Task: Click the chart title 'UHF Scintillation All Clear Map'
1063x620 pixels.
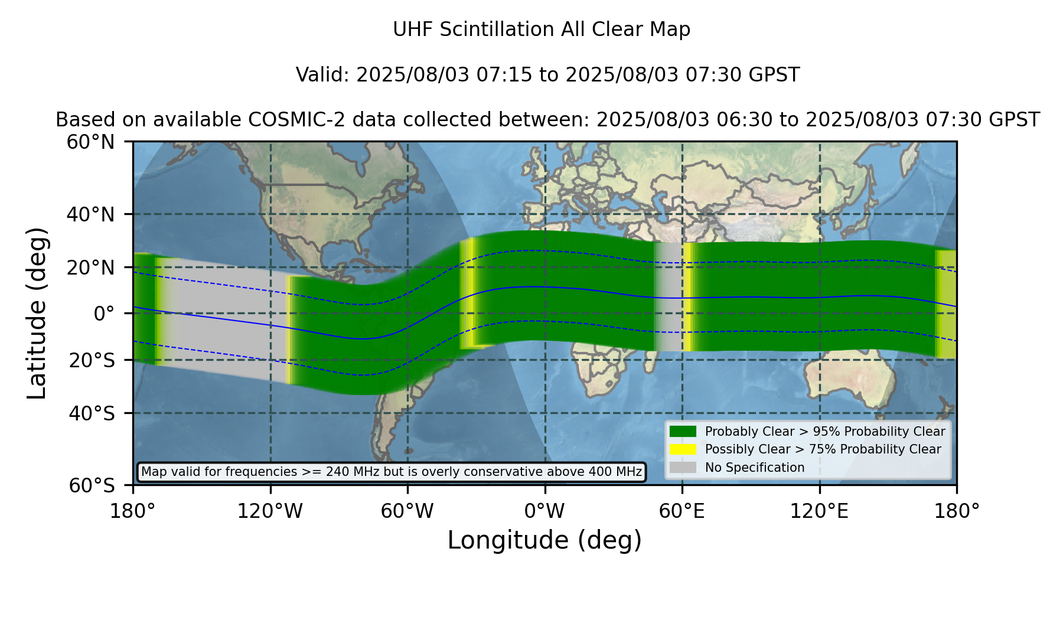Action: pos(542,30)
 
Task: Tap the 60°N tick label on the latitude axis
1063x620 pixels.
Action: pos(91,142)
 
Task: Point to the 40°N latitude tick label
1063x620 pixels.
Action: pos(91,214)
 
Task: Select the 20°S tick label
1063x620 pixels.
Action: pos(92,360)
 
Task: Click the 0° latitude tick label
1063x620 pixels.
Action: pos(104,314)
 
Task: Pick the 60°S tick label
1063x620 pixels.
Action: pos(92,486)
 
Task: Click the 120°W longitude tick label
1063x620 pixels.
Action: pos(270,511)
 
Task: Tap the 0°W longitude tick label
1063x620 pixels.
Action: pos(544,511)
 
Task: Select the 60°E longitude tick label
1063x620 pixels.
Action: pos(682,511)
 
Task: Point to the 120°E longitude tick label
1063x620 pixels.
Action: pos(820,511)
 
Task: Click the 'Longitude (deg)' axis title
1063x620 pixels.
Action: pos(544,541)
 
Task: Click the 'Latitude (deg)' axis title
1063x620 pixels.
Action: pos(37,313)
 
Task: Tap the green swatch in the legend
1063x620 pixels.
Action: pos(683,432)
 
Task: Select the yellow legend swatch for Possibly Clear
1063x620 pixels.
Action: pos(683,449)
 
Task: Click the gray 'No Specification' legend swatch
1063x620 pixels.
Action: pos(683,468)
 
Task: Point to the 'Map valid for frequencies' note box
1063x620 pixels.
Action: pos(392,472)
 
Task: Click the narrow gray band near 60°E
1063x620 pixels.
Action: pos(669,297)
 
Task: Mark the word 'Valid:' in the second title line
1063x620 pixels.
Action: pos(323,75)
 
